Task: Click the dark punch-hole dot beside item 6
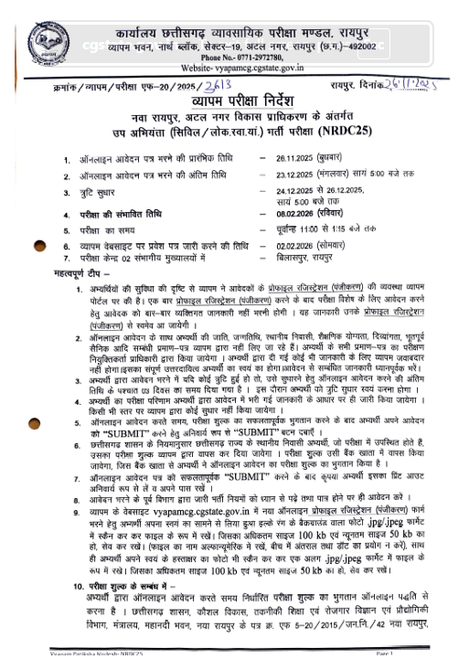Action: (39, 246)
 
